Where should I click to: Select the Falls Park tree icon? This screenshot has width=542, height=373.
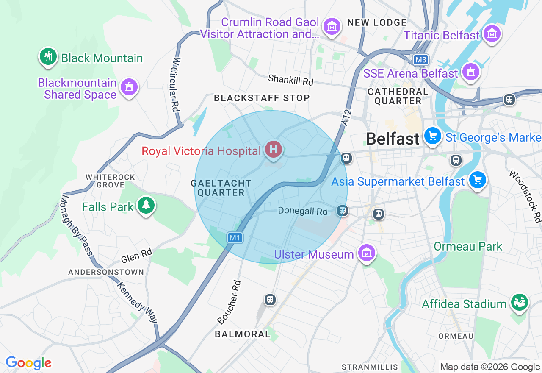point(146,206)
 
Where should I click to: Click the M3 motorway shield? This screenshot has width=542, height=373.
point(420,60)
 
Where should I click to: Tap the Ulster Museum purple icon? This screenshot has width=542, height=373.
point(367,253)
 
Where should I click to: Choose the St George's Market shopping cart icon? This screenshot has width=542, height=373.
point(433,136)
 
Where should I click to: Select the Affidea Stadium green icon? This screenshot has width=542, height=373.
point(519,302)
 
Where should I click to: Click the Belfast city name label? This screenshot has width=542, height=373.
point(393,139)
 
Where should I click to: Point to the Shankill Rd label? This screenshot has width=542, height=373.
point(290,80)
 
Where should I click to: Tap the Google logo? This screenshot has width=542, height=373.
point(28,363)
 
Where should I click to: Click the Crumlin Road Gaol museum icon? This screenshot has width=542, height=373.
point(332,27)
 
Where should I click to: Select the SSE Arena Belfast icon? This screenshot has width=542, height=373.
point(470,72)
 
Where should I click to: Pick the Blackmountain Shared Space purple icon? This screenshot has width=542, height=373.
point(129,87)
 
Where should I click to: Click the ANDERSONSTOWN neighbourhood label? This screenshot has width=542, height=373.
point(106,272)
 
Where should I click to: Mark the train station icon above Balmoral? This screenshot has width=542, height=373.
point(270,300)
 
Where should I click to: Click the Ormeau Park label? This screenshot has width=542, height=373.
point(468,246)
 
